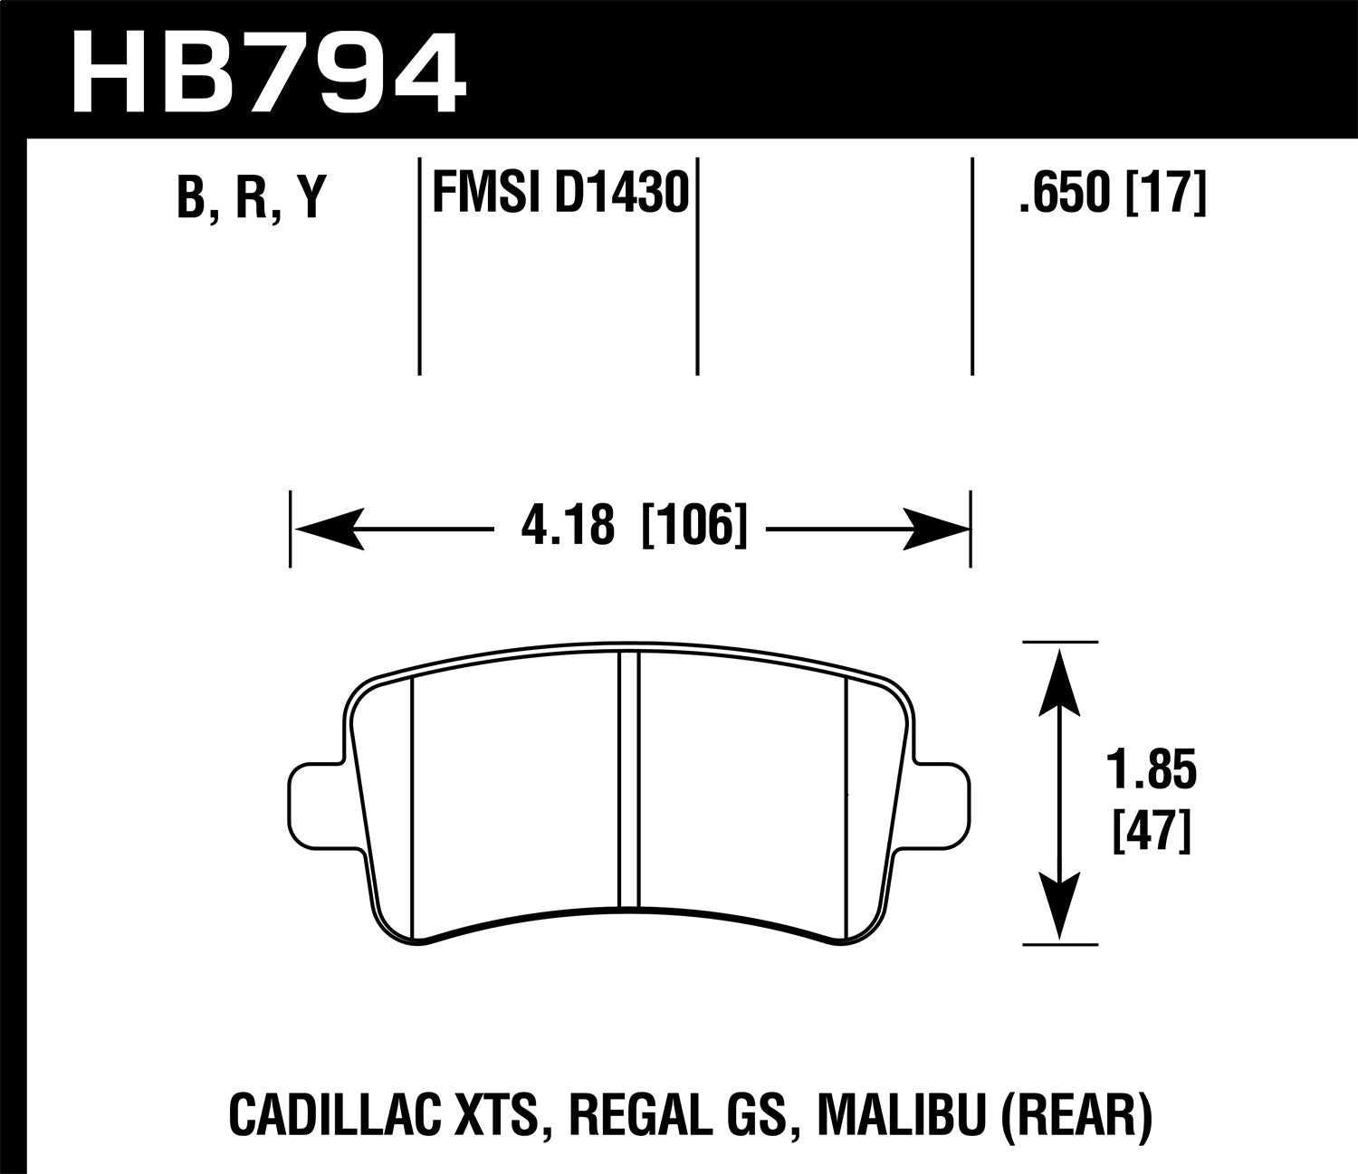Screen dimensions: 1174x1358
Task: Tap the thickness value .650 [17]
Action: click(1112, 192)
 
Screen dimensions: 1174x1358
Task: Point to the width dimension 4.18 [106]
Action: click(634, 526)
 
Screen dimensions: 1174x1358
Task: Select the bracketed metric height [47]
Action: click(1150, 831)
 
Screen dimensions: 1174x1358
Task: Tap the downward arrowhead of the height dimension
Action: click(1060, 905)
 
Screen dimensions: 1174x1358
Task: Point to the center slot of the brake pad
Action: click(629, 778)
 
